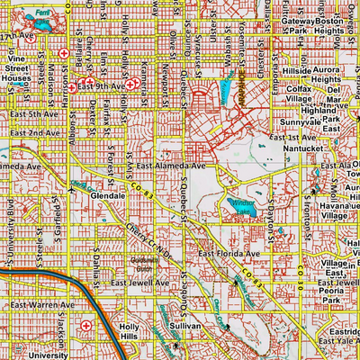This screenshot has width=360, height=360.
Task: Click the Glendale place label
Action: (107, 194)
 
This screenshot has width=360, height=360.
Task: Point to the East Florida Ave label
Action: (229, 255)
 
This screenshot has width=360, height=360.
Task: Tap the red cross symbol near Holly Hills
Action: (86, 325)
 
